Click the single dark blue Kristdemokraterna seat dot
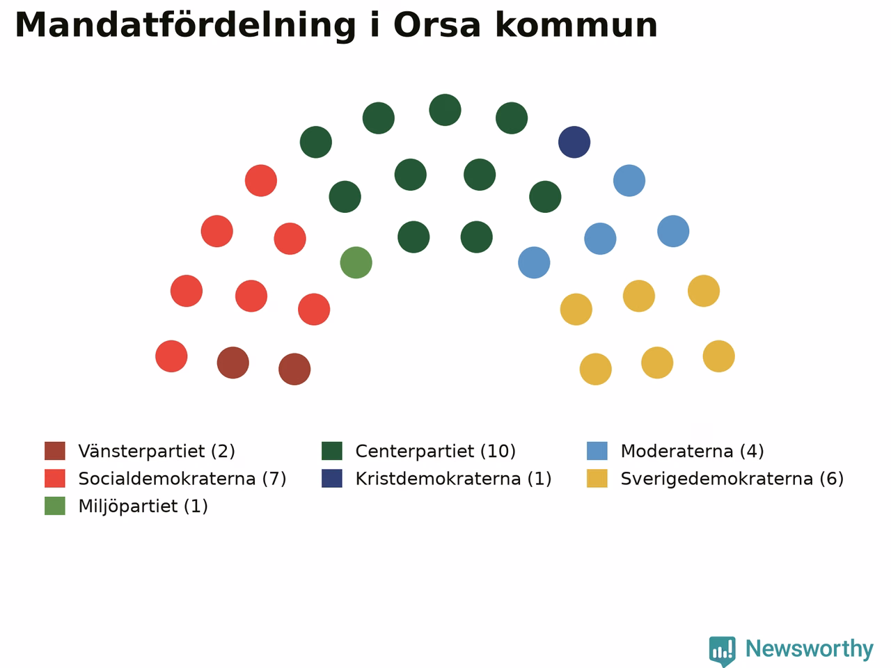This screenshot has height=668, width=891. pos(574,142)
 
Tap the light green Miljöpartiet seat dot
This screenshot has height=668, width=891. pos(356,262)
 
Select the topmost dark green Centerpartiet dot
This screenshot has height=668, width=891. pos(445,110)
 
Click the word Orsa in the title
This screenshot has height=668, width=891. pos(437,25)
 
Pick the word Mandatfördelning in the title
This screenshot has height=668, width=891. pos(185,26)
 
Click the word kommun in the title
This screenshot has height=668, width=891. pos(576,25)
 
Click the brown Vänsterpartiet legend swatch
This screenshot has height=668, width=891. pos(55,451)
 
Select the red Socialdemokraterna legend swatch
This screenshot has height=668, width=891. pos(55,478)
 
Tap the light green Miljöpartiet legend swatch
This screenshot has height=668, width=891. pos(55,506)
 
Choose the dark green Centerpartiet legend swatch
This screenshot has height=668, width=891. pos(332,451)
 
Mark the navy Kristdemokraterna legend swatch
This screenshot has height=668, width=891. pos(332,478)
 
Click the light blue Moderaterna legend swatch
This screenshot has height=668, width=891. pos(597,451)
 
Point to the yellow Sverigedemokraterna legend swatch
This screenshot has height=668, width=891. pos(597,478)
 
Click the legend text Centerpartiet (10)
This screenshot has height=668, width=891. pos(436,451)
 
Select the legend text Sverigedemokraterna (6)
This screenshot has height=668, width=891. pos(732,479)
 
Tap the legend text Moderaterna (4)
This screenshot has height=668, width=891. pos(692,451)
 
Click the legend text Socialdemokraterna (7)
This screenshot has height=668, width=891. pos(182,479)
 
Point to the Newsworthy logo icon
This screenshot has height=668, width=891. pos(722,651)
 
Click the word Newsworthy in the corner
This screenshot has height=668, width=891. pos(810,649)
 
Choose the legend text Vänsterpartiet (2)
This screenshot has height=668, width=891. pos(157,451)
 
